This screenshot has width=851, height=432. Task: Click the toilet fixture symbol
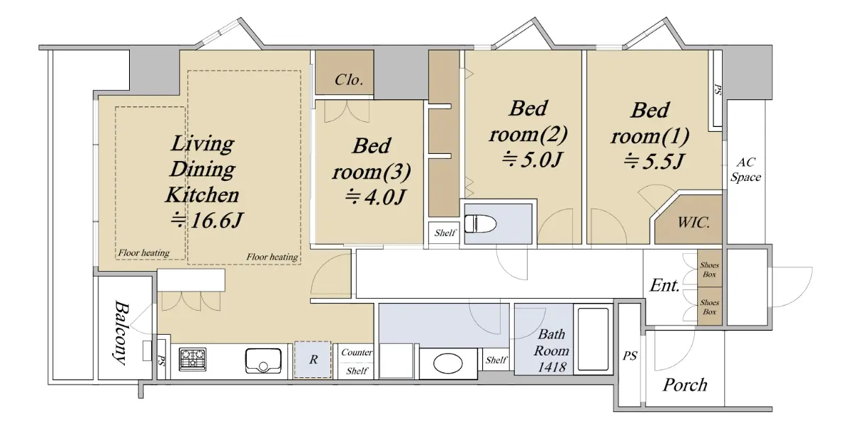coord(481,223)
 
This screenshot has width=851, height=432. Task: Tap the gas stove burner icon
coord(193,359)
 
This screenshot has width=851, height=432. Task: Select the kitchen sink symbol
coord(263,361)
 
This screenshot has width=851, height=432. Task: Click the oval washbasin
coord(448,364)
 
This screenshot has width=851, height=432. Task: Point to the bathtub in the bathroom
coord(593,339)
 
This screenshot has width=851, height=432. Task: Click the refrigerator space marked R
coord(313,360)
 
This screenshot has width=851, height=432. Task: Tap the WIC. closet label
coord(694,222)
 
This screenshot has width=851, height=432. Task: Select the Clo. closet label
coord(349,79)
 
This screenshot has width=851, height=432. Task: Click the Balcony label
coord(121,333)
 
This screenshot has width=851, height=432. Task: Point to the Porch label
coord(685,385)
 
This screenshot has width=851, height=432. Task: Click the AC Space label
coord(746,170)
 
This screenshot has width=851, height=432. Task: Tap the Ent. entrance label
coord(664,285)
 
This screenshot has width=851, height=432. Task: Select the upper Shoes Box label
coord(709,270)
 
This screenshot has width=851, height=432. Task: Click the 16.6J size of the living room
coord(216,221)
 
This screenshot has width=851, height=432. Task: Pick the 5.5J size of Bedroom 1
coord(664,161)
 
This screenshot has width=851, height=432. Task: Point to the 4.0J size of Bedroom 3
coord(385,197)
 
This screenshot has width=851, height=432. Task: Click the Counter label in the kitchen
coord(357,353)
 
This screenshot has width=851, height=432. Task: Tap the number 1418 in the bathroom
coord(552,367)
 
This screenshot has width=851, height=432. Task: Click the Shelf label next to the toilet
coord(445,233)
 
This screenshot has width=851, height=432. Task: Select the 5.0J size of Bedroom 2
coord(542,160)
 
